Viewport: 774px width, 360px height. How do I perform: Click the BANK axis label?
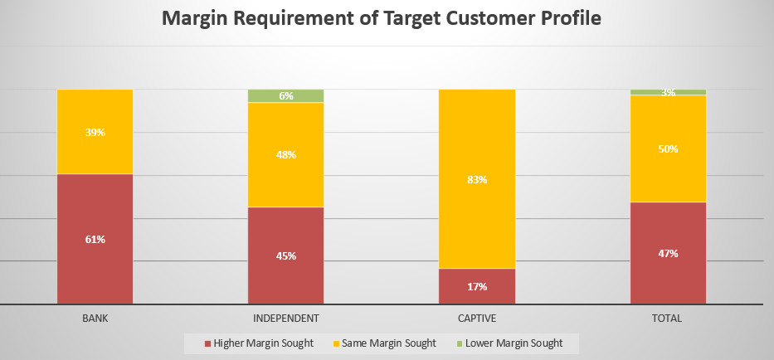pos(95,318)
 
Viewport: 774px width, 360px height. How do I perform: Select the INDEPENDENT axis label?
pos(285,318)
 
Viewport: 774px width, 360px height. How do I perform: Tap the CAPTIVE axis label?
pos(477,318)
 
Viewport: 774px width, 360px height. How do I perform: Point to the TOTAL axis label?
pos(668,318)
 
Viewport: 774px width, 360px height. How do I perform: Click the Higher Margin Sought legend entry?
pos(259,343)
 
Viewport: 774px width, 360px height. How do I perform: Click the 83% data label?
pos(477,180)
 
